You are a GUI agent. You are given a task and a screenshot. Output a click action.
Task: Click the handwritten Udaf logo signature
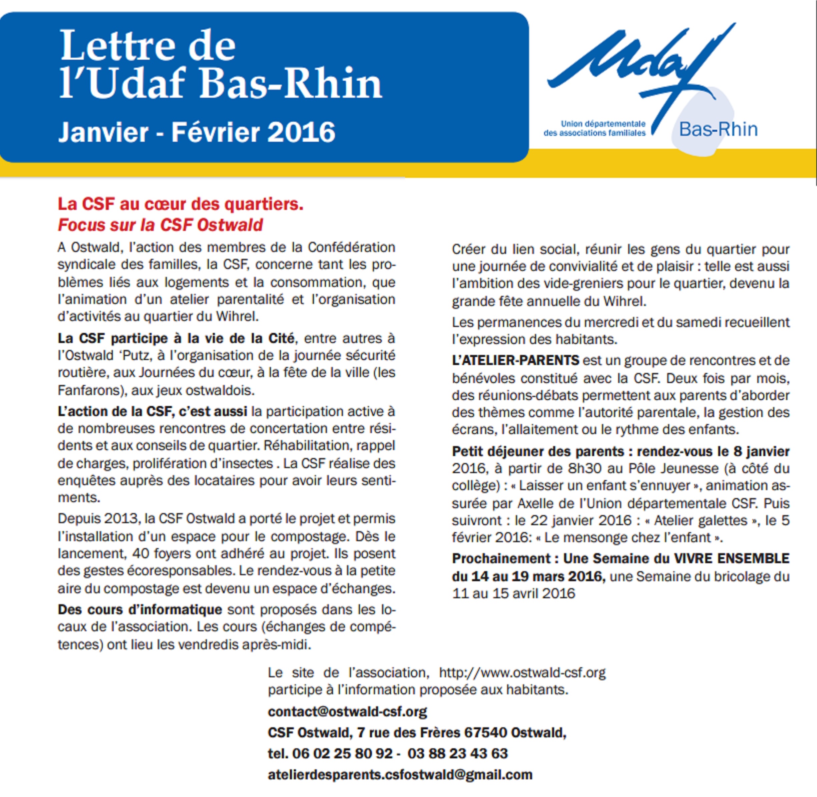641,63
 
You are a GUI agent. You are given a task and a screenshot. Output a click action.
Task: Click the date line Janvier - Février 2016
197,132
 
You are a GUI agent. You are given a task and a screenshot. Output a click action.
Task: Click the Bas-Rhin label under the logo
718,129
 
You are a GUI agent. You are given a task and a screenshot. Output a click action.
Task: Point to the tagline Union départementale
603,124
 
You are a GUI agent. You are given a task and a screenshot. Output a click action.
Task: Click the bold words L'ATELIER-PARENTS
515,360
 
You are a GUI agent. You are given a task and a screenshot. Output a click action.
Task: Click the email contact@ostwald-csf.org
347,712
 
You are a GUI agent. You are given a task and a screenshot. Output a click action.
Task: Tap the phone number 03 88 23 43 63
457,754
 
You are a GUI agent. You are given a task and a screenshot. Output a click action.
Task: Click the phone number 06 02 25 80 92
342,754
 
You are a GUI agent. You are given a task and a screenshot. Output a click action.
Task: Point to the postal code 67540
485,733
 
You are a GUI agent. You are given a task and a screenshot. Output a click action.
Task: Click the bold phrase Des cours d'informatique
140,610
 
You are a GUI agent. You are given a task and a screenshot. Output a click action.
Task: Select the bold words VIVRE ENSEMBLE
731,558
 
